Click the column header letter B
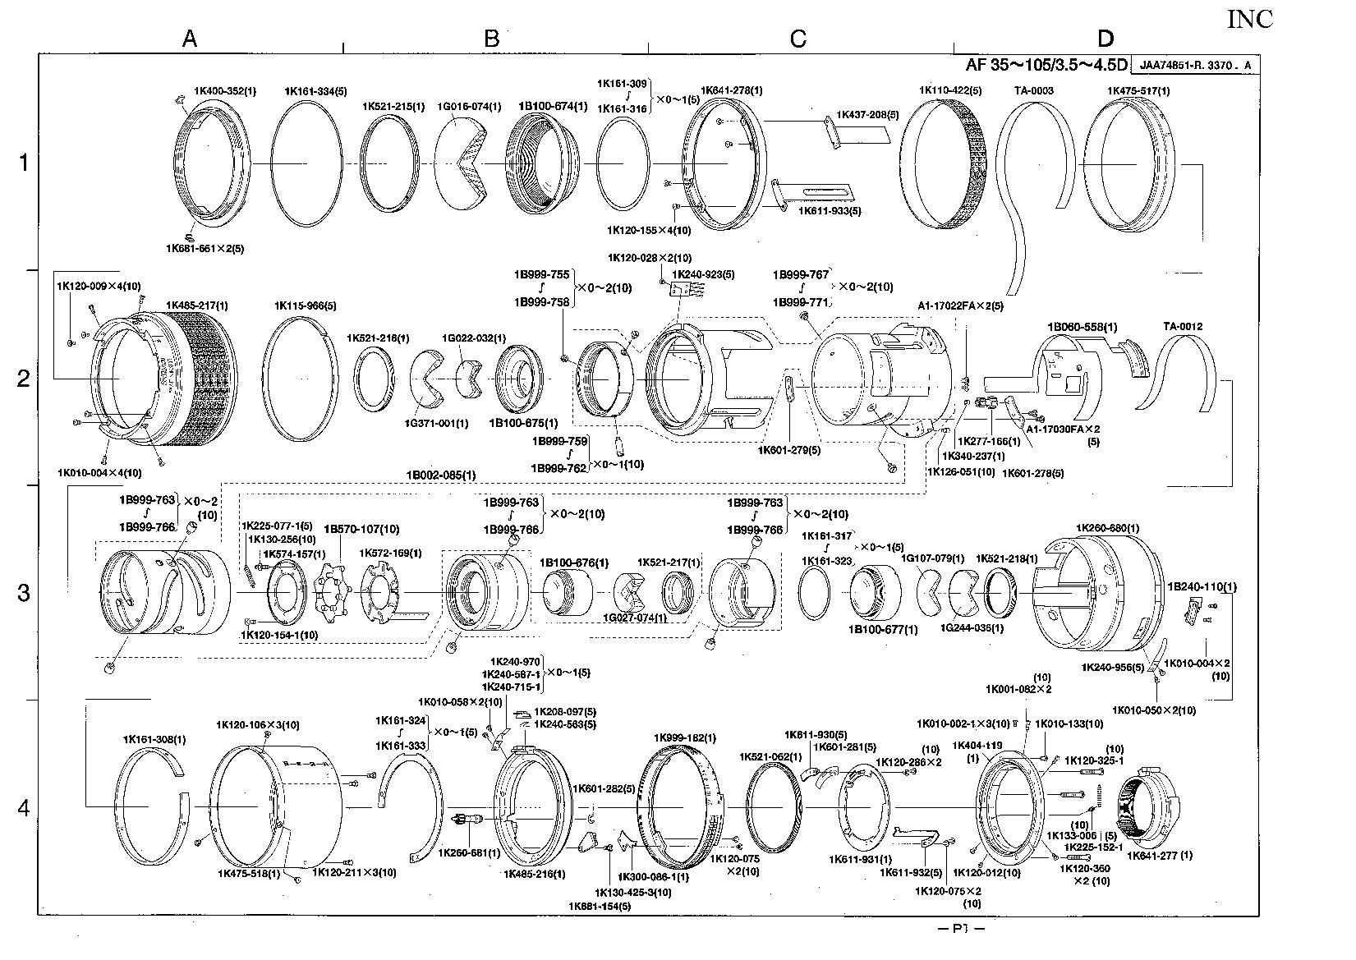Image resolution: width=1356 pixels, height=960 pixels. (491, 38)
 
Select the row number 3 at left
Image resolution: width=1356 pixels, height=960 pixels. (24, 592)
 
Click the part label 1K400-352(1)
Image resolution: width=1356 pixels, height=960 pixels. (224, 91)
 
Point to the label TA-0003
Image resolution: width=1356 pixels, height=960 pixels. (1034, 91)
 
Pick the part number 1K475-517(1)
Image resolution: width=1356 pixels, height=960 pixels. (1138, 91)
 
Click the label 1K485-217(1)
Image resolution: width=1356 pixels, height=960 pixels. (197, 305)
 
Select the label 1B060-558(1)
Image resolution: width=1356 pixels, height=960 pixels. (1082, 327)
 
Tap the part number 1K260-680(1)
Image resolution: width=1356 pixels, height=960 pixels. (1107, 528)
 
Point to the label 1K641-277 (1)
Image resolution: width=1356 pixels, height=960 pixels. (1160, 855)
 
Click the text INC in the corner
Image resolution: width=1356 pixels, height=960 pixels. (1249, 20)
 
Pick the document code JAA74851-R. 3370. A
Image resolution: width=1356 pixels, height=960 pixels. (1195, 66)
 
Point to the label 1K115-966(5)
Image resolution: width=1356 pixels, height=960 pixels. (305, 305)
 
